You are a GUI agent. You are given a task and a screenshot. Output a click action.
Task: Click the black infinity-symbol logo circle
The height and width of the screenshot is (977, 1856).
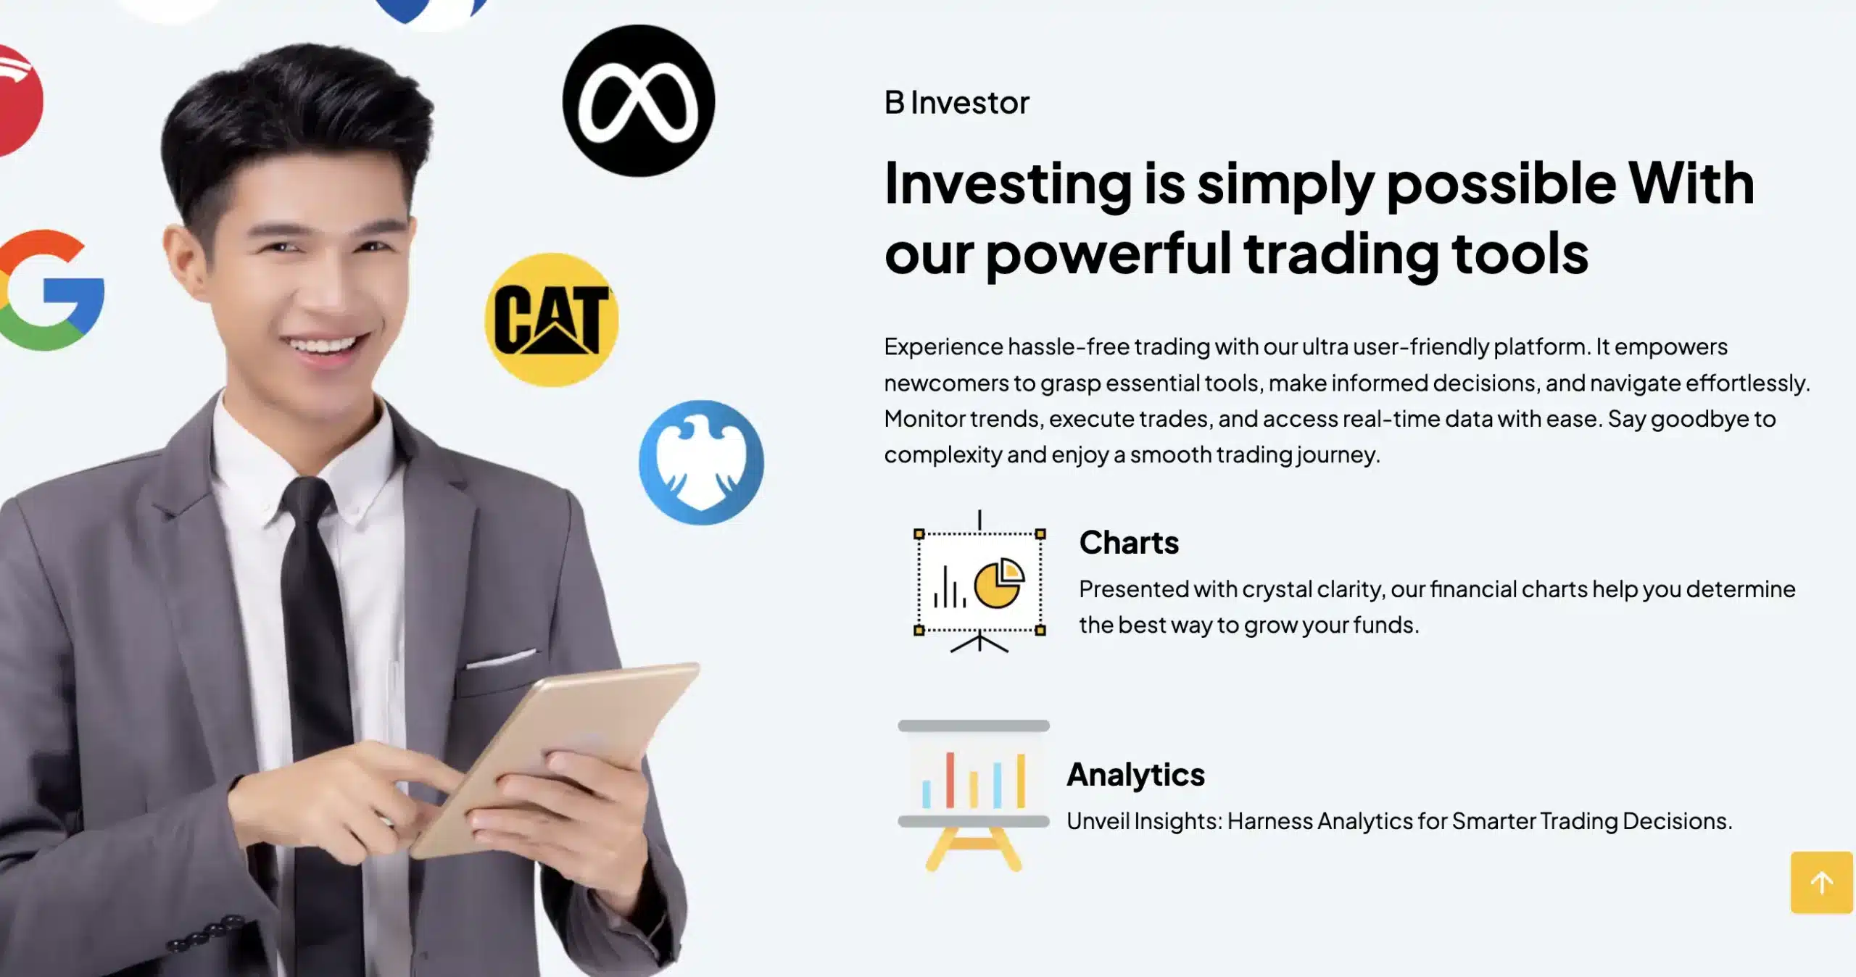[639, 101]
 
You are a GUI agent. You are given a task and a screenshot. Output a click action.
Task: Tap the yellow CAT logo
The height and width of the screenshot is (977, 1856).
[551, 320]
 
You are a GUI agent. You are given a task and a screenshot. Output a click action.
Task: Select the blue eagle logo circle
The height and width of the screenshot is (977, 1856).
[701, 462]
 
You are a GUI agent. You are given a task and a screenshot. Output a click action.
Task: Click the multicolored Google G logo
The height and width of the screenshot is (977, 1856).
[51, 290]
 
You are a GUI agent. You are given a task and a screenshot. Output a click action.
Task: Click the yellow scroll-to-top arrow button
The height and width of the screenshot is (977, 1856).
[1822, 882]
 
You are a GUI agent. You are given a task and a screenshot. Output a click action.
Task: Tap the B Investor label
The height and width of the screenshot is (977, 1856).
[956, 103]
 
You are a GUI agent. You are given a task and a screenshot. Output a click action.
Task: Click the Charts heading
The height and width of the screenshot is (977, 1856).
[1129, 542]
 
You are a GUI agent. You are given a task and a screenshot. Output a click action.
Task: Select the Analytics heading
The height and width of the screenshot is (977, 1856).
[1135, 774]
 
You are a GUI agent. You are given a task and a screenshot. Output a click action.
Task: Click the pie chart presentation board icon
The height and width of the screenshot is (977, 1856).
[979, 582]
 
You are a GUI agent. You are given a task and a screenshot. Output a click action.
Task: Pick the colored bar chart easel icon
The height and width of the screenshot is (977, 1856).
[974, 795]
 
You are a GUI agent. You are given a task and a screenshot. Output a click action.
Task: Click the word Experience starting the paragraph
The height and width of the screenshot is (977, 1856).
[943, 347]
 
